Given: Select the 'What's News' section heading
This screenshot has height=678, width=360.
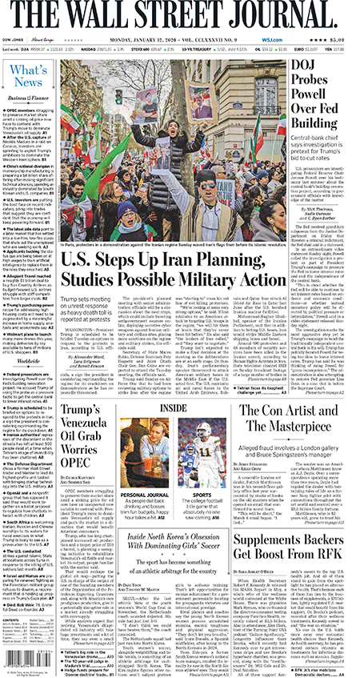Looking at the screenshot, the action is pyautogui.click(x=27, y=77).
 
